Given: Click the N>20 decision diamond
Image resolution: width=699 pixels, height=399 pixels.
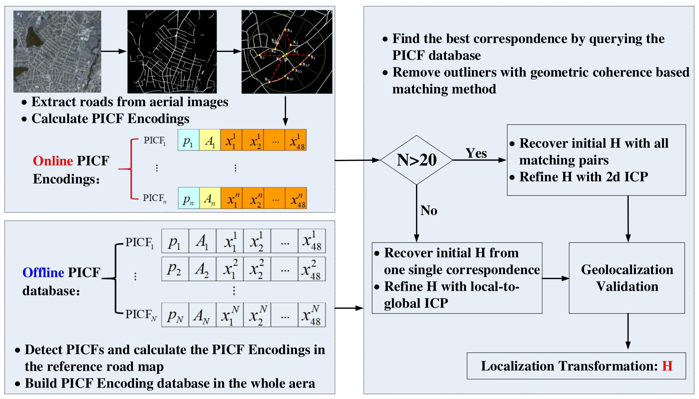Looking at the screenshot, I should [416, 160].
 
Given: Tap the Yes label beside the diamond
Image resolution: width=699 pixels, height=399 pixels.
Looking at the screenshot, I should [476, 153].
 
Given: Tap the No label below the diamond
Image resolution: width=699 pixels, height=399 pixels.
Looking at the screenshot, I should [429, 210].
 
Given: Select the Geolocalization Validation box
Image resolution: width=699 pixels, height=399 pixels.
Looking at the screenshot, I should [627, 278].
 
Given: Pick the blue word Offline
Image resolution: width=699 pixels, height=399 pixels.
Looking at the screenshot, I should [43, 272].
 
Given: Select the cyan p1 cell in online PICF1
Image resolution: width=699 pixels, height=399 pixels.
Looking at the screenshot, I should [188, 140].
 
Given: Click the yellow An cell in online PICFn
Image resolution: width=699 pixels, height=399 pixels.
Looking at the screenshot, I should [210, 198].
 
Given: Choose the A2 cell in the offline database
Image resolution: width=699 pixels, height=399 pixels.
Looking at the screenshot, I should [202, 269].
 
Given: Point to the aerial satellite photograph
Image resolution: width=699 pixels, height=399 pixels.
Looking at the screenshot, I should [57, 51].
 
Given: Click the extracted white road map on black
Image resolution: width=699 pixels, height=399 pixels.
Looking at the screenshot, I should [172, 51].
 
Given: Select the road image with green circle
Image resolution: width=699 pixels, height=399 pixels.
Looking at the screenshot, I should [287, 51].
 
